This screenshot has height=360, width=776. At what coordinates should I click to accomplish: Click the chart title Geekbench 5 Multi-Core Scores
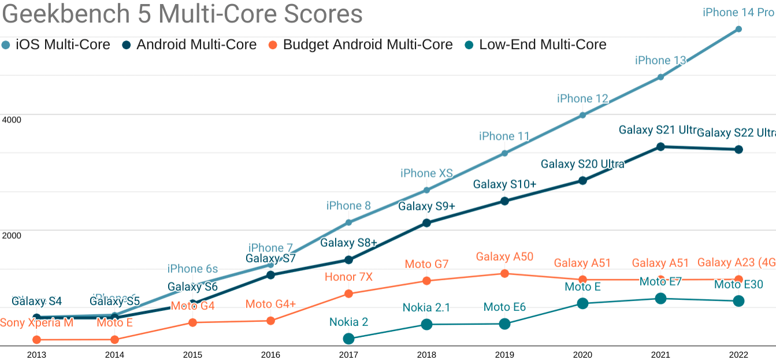[183, 14]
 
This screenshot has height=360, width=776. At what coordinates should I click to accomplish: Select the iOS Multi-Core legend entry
[56, 44]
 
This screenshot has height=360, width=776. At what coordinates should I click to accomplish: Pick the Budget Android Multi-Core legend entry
[361, 44]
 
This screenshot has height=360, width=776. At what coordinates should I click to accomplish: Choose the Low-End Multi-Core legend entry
[536, 44]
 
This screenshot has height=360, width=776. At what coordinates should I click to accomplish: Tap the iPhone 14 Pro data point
[738, 29]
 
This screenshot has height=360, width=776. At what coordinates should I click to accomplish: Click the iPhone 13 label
[660, 60]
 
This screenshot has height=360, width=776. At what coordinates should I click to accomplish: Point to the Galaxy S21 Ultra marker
[660, 147]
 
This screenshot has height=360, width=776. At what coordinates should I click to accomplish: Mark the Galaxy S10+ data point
[504, 201]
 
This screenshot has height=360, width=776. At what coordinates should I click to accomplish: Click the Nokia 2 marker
[348, 339]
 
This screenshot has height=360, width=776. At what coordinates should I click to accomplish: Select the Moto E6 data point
[504, 324]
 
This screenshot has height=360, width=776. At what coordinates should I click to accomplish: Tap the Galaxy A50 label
[504, 257]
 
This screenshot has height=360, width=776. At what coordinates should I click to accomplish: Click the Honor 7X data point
[348, 294]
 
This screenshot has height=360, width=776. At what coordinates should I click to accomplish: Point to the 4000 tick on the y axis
[12, 120]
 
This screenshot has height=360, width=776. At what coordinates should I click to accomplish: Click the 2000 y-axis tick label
[12, 235]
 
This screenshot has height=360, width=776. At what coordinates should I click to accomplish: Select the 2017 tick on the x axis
[348, 354]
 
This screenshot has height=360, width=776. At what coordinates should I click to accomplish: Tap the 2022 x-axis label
[738, 354]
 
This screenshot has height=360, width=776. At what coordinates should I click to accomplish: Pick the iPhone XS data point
[426, 190]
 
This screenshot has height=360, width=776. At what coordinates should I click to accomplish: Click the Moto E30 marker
[738, 301]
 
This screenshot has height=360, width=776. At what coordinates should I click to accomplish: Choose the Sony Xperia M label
[36, 322]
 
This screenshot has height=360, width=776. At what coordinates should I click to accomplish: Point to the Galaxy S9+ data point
[426, 223]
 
